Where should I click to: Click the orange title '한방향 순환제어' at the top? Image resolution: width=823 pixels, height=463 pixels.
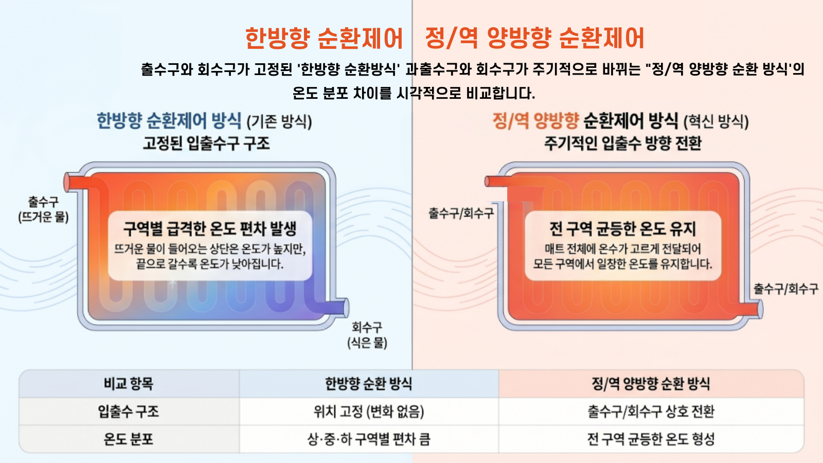[x=324, y=39]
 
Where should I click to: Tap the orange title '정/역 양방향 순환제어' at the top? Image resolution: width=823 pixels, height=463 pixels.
[x=534, y=39]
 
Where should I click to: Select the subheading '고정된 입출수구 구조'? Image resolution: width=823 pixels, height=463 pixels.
[x=206, y=143]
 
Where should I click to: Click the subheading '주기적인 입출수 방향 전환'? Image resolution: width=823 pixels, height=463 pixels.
[x=623, y=143]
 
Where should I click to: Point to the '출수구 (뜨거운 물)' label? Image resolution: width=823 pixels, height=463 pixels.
[x=43, y=209]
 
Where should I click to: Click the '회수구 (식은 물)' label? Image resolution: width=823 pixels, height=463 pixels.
[x=367, y=335]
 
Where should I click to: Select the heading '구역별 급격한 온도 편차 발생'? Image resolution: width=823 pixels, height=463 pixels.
[x=210, y=228]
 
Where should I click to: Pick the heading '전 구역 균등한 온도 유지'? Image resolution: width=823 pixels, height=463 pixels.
[x=622, y=228]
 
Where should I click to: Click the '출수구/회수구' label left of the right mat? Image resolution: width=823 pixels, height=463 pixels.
[x=461, y=213]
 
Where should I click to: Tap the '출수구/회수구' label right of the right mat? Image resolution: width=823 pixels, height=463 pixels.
[x=786, y=289]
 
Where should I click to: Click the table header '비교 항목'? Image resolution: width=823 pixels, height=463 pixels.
[x=129, y=384]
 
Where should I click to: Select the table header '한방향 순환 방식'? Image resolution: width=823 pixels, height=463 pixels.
[x=368, y=384]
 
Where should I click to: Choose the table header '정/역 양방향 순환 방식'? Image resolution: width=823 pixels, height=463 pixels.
[x=651, y=384]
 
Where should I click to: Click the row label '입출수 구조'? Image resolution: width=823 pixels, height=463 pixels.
[x=129, y=412]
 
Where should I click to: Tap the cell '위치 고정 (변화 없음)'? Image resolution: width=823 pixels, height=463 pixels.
[x=368, y=412]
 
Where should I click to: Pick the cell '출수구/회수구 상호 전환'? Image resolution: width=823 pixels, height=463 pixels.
[x=651, y=412]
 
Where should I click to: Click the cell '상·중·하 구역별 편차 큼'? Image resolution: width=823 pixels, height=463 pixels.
[x=368, y=439]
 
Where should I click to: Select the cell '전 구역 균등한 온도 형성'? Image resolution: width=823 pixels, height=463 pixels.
[x=651, y=439]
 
